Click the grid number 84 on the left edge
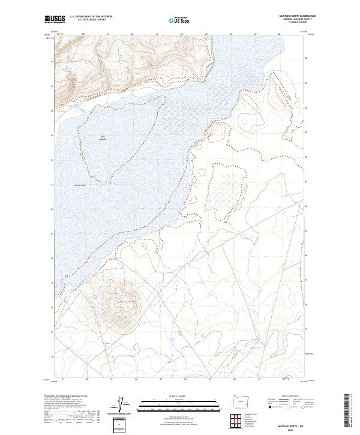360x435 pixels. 53,160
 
